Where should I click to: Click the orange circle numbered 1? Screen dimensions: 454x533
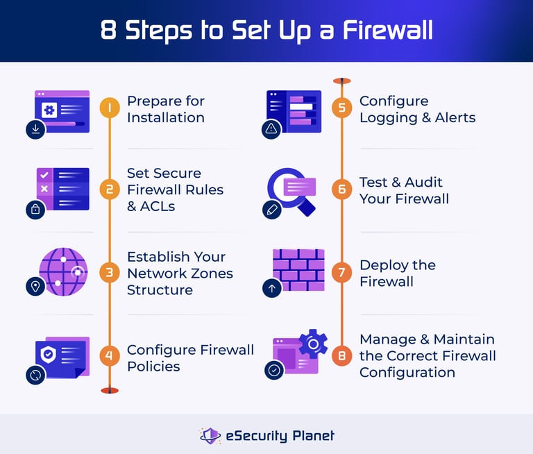109,108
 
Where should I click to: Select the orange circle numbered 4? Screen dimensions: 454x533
109,357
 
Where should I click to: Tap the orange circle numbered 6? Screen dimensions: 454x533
341,190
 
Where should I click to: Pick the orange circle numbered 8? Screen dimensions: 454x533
341,355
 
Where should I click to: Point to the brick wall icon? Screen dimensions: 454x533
298,269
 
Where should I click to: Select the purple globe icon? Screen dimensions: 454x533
62,272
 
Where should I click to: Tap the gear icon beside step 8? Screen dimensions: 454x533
313,344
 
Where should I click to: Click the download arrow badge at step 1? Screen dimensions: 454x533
35,129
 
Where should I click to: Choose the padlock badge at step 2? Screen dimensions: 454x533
35,209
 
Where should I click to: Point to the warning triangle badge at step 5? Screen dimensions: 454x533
271,129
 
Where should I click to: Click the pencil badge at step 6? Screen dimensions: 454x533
271,210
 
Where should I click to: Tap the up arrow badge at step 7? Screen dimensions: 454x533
272,288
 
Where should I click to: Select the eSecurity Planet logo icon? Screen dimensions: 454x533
210,435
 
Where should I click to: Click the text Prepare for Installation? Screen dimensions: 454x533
165,109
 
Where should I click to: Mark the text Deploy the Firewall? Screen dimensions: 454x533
397,273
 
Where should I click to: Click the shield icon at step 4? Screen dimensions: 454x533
48,354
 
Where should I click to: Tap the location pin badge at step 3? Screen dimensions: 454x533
35,286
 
